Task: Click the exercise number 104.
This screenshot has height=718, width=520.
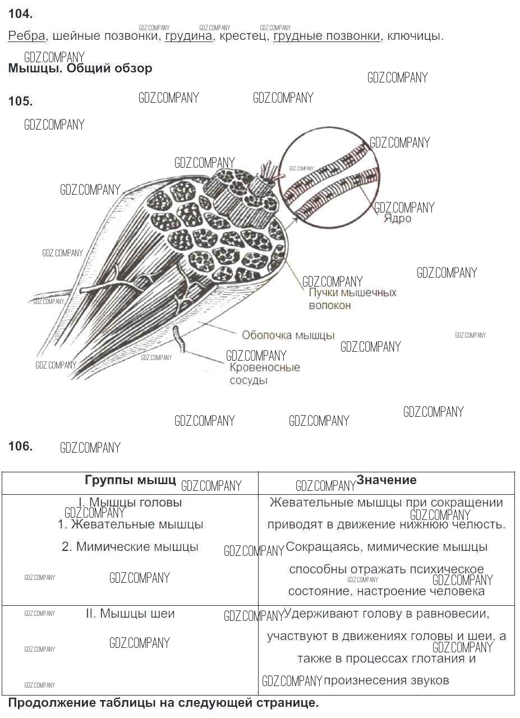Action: click(20, 14)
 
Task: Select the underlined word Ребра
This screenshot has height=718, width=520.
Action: click(26, 35)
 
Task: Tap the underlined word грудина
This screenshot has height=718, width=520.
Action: click(188, 36)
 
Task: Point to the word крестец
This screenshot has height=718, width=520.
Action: click(243, 36)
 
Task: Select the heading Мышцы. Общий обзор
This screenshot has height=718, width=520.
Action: click(80, 68)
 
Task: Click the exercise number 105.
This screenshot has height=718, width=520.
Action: click(20, 101)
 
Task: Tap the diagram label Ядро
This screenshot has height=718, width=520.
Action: click(397, 219)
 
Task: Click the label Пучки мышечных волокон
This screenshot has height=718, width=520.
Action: click(353, 299)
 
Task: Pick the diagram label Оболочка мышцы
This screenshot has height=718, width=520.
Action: click(288, 335)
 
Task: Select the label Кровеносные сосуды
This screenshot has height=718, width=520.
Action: click(265, 374)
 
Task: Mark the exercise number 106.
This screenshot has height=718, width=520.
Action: click(20, 446)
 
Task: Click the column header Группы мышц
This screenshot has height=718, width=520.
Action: click(130, 480)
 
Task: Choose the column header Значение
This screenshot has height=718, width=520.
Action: click(386, 480)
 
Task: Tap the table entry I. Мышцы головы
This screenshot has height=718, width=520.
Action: click(130, 502)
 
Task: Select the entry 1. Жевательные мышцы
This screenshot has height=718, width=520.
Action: click(130, 524)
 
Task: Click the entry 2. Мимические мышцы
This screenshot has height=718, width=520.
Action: click(130, 546)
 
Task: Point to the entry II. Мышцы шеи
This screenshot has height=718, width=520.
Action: click(130, 613)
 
